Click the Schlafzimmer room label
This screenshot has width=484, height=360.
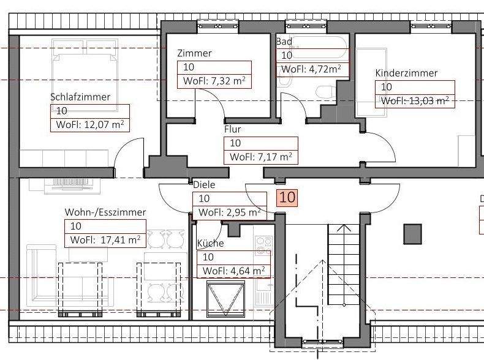coord(80,97)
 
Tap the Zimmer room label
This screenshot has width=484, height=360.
coord(194,53)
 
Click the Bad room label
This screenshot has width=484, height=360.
coord(284,42)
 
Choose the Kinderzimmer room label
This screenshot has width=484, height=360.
coord(406,73)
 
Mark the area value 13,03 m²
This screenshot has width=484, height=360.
coord(417,100)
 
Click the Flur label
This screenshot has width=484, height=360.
coord(232,129)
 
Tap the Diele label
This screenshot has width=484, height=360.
coord(204,184)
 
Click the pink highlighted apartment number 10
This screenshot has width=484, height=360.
coord(287,198)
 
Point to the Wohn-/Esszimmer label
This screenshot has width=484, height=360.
coord(105,212)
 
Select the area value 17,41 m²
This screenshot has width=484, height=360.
coord(105,240)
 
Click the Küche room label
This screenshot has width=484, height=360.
coord(210,244)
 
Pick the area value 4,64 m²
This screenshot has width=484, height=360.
coord(233,271)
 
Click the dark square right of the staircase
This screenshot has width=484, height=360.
coord(412,233)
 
